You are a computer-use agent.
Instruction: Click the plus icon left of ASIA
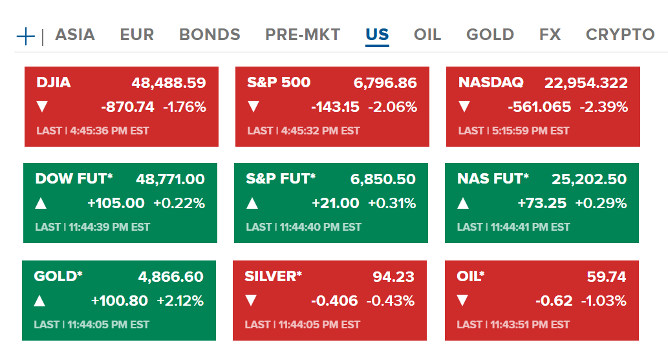pyautogui.click(x=25, y=36)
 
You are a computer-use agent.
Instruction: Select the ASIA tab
pyautogui.click(x=75, y=35)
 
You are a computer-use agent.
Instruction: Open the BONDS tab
pyautogui.click(x=210, y=35)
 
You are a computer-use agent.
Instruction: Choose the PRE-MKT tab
pyautogui.click(x=303, y=35)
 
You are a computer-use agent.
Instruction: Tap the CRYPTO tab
pyautogui.click(x=620, y=35)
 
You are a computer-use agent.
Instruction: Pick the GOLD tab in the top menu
pyautogui.click(x=490, y=35)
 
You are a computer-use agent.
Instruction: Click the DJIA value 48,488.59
pyautogui.click(x=169, y=83)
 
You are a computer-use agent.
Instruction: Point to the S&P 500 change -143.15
pyautogui.click(x=335, y=107)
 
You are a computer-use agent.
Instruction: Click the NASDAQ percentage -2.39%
pyautogui.click(x=604, y=107)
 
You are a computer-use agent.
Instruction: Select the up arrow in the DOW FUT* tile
pyautogui.click(x=41, y=204)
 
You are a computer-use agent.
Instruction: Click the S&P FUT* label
pyautogui.click(x=281, y=179)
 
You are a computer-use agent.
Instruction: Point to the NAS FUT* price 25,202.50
pyautogui.click(x=589, y=179)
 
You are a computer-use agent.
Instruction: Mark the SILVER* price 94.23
pyautogui.click(x=393, y=277)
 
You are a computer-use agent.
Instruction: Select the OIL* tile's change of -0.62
pyautogui.click(x=554, y=301)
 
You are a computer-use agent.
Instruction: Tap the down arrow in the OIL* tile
pyautogui.click(x=462, y=301)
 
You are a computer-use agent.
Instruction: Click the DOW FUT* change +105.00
pyautogui.click(x=116, y=204)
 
